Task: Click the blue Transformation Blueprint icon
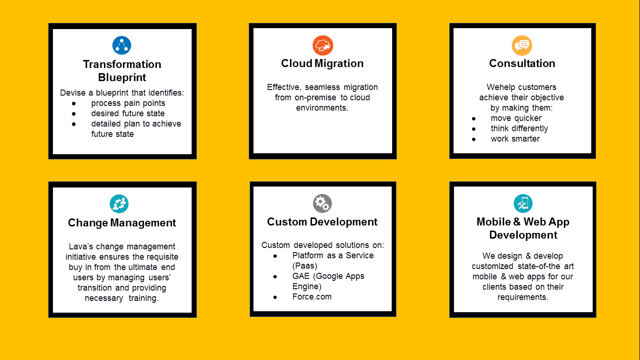click(122, 45)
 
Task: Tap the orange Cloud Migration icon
click(322, 45)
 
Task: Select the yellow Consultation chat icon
click(522, 45)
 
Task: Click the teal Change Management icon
click(119, 204)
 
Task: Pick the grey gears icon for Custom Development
click(322, 203)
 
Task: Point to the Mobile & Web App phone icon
click(523, 203)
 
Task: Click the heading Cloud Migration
click(322, 63)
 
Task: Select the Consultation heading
click(522, 63)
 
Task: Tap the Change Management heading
click(122, 223)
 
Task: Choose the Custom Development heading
click(322, 222)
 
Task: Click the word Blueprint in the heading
click(122, 77)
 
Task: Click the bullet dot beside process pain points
click(74, 104)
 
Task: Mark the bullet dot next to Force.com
click(275, 297)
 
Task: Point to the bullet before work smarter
click(474, 139)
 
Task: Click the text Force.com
click(312, 297)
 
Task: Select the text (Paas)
click(305, 266)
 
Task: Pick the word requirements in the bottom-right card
click(522, 297)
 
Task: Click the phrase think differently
click(520, 129)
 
